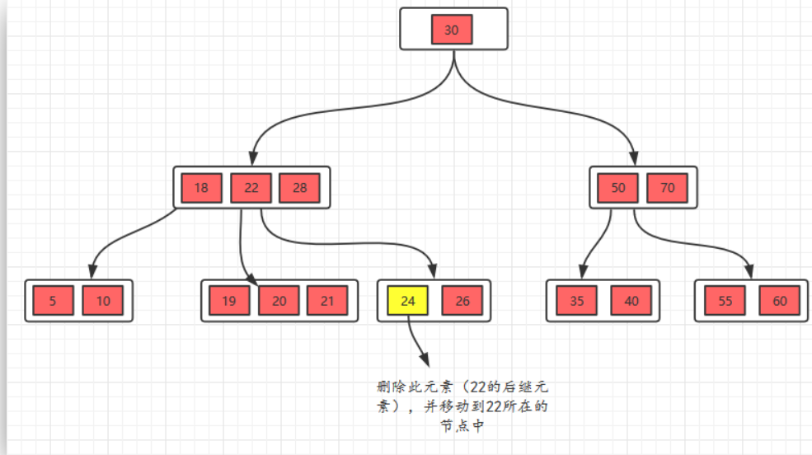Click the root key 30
(x=452, y=30)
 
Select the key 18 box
(x=201, y=188)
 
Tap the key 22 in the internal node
(x=251, y=188)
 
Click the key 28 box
(x=300, y=188)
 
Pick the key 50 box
(x=618, y=188)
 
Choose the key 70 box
(x=667, y=188)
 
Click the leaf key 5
(x=53, y=301)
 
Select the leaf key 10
(x=102, y=301)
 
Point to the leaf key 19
(x=228, y=301)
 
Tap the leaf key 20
(x=279, y=301)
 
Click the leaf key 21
(x=327, y=301)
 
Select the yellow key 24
(x=408, y=301)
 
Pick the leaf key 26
(x=462, y=301)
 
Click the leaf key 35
(x=577, y=301)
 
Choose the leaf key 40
(x=631, y=301)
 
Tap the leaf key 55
(x=725, y=301)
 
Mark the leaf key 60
(x=779, y=301)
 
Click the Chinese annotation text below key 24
(x=462, y=406)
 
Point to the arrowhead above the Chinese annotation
(x=425, y=361)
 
